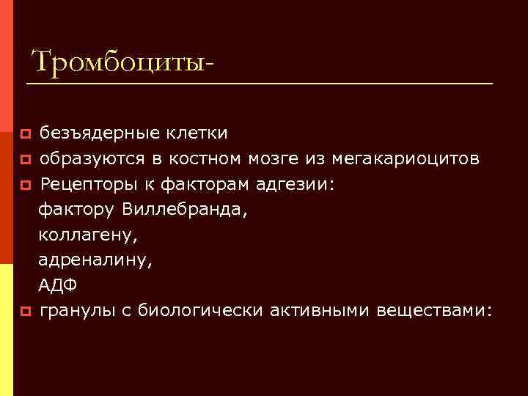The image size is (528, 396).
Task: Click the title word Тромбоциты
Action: (x=122, y=62)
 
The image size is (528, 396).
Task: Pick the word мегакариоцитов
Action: (x=406, y=158)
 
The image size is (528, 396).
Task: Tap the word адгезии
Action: (x=300, y=184)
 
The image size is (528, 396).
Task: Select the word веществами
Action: (x=434, y=311)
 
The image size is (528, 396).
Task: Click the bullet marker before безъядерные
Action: (x=25, y=134)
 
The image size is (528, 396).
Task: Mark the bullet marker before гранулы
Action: (x=25, y=312)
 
